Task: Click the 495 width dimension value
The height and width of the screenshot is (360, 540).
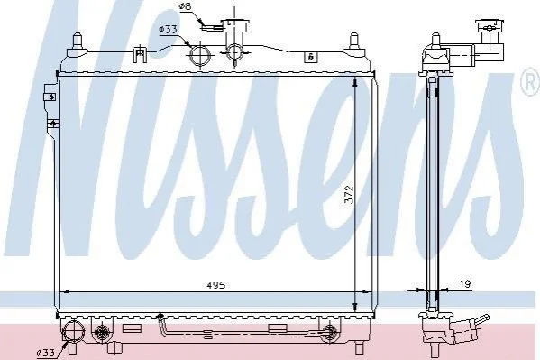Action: click(x=216, y=285)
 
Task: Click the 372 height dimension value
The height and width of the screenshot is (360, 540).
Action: click(x=349, y=195)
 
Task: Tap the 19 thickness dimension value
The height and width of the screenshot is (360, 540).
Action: click(x=465, y=284)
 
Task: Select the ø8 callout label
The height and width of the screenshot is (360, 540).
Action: click(x=185, y=6)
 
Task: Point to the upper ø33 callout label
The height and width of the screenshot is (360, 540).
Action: click(x=168, y=30)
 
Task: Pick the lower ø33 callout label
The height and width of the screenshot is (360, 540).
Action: click(x=46, y=353)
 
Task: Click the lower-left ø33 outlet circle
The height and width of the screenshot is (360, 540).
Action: click(x=72, y=331)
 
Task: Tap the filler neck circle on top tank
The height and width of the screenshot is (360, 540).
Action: click(x=233, y=52)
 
